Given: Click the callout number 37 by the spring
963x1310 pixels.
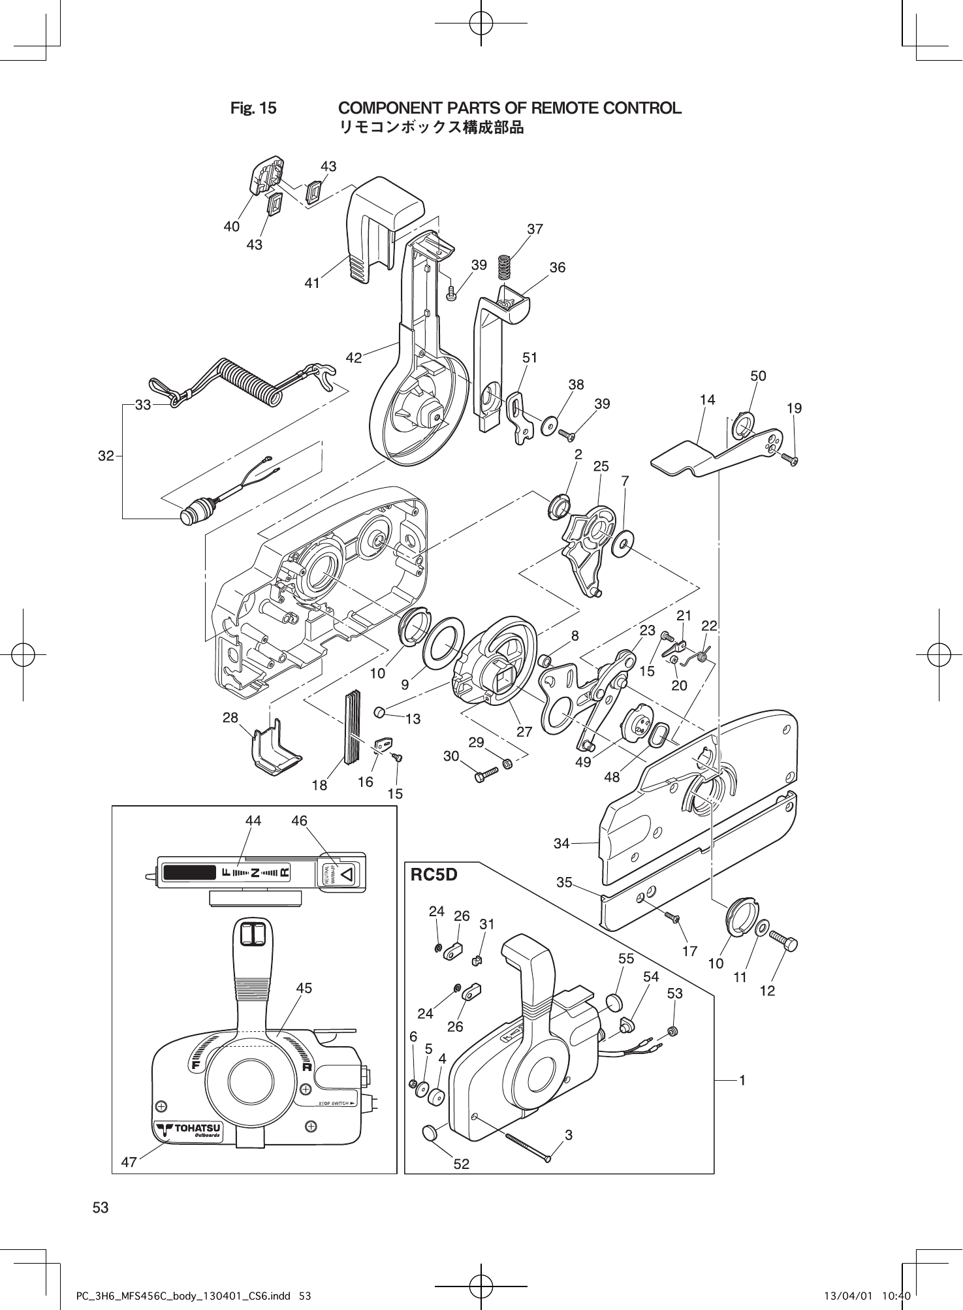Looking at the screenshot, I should pos(535,229).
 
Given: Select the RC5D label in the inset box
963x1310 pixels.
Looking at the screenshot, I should pos(434,874).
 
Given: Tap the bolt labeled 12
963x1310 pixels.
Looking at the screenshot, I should pos(783,942).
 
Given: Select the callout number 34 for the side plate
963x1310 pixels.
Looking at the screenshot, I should pos(562,843).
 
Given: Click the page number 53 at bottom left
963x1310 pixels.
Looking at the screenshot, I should pos(101,1208).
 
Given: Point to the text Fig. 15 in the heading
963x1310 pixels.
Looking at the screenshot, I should pos(253,108).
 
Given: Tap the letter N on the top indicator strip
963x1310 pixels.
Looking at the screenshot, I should pos(255,872).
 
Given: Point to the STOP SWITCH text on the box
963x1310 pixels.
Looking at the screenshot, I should pos(336,1104).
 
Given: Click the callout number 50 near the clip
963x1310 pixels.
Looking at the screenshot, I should pos(758,376).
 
